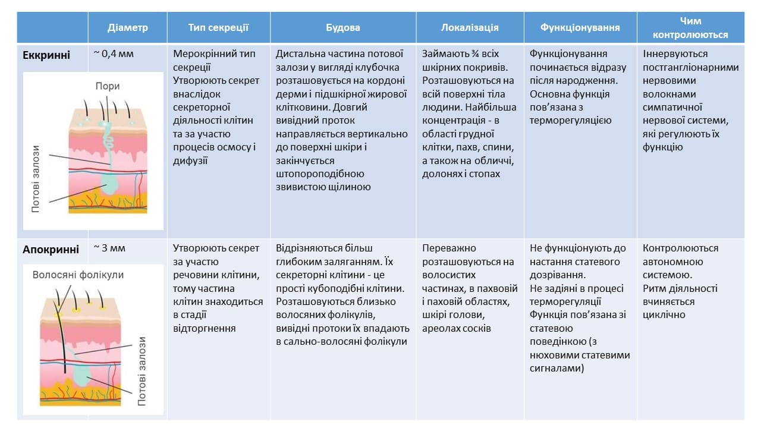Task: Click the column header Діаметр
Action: [x=128, y=27]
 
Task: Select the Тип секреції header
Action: [x=218, y=27]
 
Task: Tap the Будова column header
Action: [x=343, y=27]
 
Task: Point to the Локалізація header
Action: [x=470, y=27]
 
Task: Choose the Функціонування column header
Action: [x=580, y=27]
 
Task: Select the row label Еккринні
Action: [x=46, y=55]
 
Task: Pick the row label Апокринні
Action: [x=51, y=249]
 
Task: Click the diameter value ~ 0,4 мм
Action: [x=114, y=54]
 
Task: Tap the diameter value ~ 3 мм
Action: [x=109, y=248]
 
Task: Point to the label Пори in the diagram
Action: [x=108, y=87]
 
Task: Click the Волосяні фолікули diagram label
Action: [x=78, y=275]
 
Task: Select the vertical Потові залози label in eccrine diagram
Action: [x=36, y=178]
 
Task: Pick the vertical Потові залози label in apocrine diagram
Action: [x=142, y=371]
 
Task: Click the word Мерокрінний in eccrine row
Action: [x=204, y=54]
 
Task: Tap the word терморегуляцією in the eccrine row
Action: [x=570, y=121]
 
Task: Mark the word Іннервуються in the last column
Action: [x=674, y=54]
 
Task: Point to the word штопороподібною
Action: [x=320, y=174]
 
